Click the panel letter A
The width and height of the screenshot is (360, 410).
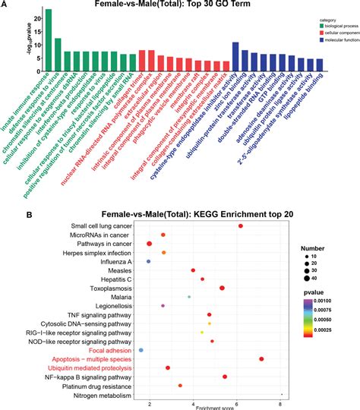6,5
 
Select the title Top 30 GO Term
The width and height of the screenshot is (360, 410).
181,5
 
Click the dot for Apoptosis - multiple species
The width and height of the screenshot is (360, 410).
261,358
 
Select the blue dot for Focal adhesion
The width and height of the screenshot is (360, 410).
141,349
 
